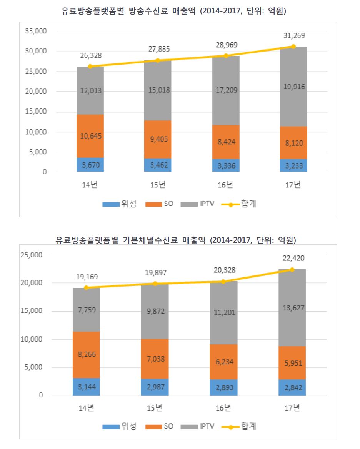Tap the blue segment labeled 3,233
[x=293, y=165]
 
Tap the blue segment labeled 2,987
[x=155, y=387]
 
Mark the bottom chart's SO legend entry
[x=160, y=427]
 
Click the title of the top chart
[x=174, y=12]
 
